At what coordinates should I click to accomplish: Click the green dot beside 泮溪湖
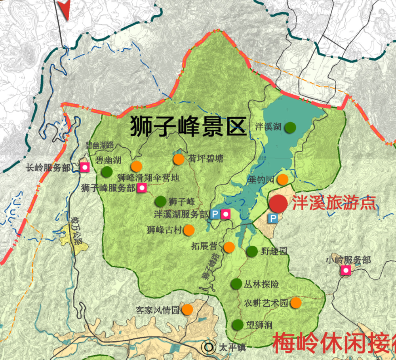290,127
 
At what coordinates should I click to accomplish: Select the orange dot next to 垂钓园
282,179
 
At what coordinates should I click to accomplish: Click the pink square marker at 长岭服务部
84,168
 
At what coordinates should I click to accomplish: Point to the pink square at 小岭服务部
346,270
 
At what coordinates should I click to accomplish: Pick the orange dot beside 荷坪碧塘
179,159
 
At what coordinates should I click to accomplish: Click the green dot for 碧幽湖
107,172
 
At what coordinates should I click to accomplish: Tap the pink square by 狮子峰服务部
141,188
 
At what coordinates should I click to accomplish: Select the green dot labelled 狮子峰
160,201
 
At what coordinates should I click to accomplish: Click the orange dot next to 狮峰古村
189,230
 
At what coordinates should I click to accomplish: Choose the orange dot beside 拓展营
229,248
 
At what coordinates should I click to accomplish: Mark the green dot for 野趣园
252,251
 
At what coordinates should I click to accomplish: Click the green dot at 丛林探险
236,284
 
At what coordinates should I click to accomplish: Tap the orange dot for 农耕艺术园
296,303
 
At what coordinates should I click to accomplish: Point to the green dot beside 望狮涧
238,325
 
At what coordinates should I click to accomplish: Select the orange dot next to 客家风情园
187,309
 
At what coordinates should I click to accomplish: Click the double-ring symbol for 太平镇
208,347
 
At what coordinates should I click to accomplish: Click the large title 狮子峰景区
189,126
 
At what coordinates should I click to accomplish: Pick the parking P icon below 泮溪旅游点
273,218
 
